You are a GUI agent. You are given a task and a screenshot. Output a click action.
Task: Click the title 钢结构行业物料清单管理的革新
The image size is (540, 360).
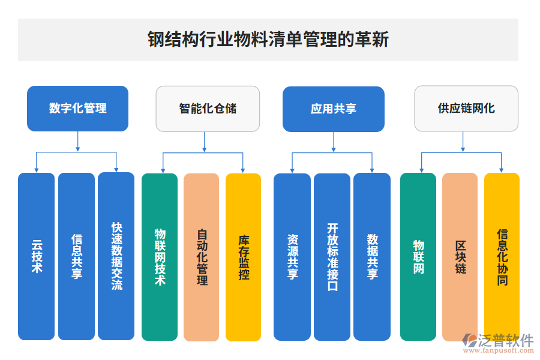pyautogui.click(x=268, y=40)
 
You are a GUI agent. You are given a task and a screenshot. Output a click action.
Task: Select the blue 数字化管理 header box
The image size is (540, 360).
pyautogui.click(x=77, y=109)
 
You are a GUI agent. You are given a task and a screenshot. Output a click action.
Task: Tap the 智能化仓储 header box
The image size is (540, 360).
pyautogui.click(x=208, y=109)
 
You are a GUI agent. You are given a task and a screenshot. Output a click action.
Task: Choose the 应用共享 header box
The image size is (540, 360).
pyautogui.click(x=333, y=109)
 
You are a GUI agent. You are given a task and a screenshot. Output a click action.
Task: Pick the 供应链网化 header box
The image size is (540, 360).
pyautogui.click(x=466, y=109)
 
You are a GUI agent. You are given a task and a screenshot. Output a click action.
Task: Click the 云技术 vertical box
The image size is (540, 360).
pyautogui.click(x=37, y=257)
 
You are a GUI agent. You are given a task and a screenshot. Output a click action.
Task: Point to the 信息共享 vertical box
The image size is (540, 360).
pyautogui.click(x=76, y=257)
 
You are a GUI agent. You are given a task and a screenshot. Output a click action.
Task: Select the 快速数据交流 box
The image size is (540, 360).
pyautogui.click(x=116, y=257)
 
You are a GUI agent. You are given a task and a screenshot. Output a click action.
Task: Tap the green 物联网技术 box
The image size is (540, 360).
pyautogui.click(x=160, y=257)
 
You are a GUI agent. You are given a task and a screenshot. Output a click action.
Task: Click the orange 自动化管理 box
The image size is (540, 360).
pyautogui.click(x=202, y=257)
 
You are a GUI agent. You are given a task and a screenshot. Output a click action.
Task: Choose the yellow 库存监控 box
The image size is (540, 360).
pyautogui.click(x=243, y=257)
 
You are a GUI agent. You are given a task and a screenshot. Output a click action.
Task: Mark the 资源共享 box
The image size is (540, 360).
pyautogui.click(x=292, y=257)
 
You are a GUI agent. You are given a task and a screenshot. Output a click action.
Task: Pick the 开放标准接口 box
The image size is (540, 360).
pyautogui.click(x=332, y=257)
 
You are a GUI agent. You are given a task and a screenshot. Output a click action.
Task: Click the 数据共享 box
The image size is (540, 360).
pyautogui.click(x=372, y=257)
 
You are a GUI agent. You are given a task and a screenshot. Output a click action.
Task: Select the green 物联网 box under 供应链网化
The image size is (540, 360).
pyautogui.click(x=418, y=257)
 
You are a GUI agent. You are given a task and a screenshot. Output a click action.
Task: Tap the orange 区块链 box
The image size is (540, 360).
pyautogui.click(x=460, y=257)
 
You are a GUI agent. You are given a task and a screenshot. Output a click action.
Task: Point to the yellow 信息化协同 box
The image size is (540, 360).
pyautogui.click(x=502, y=257)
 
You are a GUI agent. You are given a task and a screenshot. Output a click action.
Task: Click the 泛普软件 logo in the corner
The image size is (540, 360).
pyautogui.click(x=497, y=343)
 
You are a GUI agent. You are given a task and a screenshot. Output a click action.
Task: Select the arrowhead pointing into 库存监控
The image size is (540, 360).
pyautogui.click(x=243, y=169)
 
